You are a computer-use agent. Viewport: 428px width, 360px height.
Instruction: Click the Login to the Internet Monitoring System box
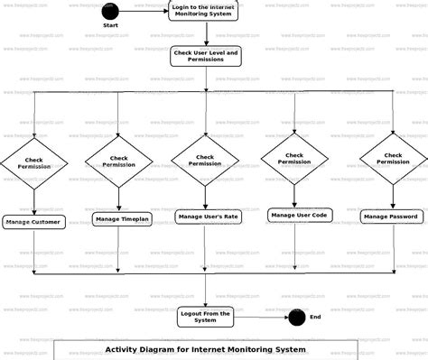point(205,11)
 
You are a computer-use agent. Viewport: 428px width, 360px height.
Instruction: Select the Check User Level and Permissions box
point(206,57)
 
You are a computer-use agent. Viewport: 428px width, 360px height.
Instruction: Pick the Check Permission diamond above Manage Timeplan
point(119,162)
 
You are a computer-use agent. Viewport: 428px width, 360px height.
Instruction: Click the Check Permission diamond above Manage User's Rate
point(205,160)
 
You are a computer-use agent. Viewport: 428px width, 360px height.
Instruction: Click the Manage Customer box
point(34,221)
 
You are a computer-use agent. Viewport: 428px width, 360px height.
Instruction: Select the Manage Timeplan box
point(121,218)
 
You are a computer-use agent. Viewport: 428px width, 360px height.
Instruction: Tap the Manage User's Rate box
point(207,217)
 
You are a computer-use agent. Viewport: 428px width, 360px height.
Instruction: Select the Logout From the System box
point(206,316)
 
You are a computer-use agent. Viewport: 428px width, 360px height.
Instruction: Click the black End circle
point(295,317)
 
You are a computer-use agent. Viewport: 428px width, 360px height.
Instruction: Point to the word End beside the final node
point(315,317)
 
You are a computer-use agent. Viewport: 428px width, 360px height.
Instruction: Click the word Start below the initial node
point(110,26)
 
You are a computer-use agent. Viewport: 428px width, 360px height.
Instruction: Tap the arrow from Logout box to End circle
point(261,317)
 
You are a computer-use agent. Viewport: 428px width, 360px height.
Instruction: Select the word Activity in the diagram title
point(126,349)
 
